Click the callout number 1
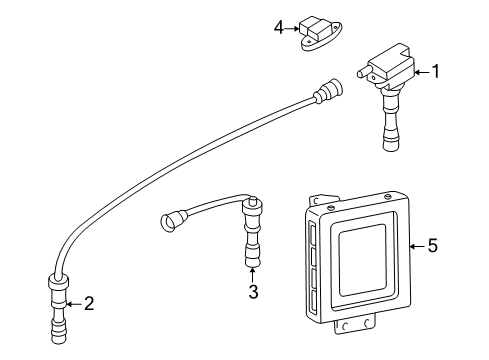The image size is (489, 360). point(434,71)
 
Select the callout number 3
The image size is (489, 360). point(254,292)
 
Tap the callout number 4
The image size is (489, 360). point(279,28)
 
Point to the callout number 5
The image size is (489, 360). point(432,246)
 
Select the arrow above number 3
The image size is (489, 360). point(253,274)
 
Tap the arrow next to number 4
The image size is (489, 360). point(293,28)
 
